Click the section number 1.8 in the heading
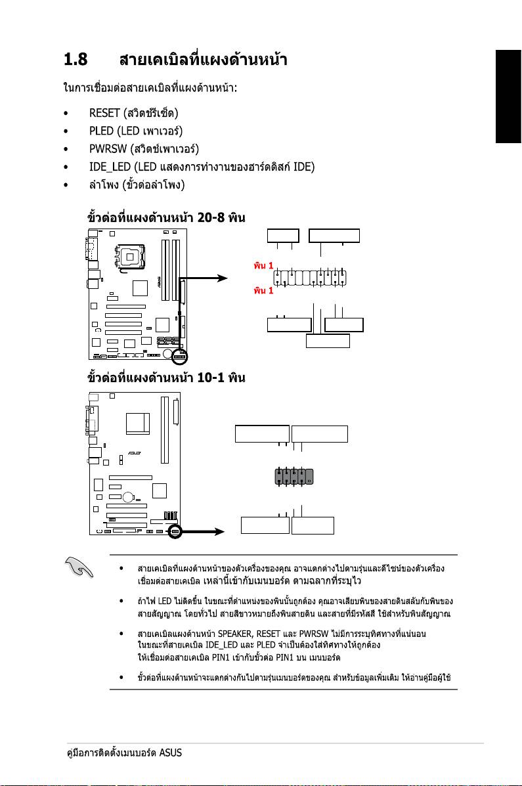[76, 61]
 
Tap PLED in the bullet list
[101, 131]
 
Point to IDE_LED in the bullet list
[110, 167]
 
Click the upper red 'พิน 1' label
[263, 267]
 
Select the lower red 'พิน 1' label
[263, 290]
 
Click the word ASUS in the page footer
[171, 753]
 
